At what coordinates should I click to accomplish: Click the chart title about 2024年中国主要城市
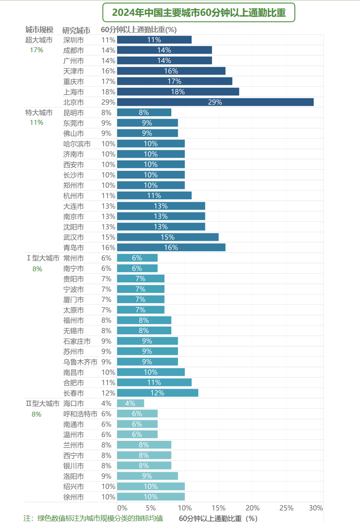coord(199,13)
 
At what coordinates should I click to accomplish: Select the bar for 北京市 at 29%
coord(215,102)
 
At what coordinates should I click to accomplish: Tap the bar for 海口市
coord(130,403)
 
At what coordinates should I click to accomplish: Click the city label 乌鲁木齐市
coord(80,362)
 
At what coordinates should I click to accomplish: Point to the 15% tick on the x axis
coord(218,508)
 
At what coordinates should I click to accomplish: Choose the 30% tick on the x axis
coord(315,508)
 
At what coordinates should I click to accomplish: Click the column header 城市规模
coord(39,30)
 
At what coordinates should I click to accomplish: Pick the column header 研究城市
coord(76,30)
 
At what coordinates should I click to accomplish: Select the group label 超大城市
coord(39,40)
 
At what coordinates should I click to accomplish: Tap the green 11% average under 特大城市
coord(36,122)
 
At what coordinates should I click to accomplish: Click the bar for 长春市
coord(157,393)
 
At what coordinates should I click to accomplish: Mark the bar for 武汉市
coord(167,237)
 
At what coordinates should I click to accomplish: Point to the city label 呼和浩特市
coord(80,414)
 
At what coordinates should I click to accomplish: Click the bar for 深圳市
coord(154,40)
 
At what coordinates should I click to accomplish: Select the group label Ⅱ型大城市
coord(42,404)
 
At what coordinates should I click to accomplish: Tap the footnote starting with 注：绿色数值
coord(93,518)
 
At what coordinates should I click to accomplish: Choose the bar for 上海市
coord(178,92)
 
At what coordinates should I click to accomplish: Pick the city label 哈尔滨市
coord(77,143)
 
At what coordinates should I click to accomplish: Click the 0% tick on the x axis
coord(122,508)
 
